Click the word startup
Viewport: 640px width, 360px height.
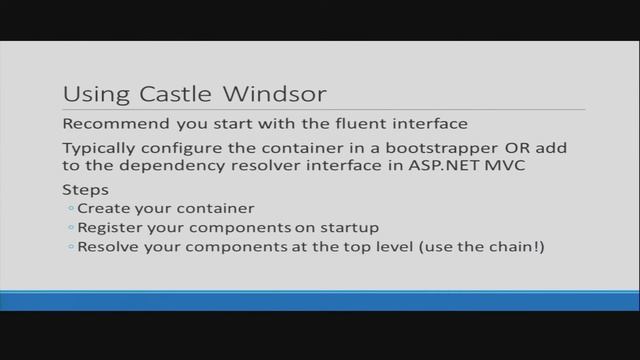click(x=350, y=227)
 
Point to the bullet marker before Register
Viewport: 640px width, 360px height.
click(x=71, y=228)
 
